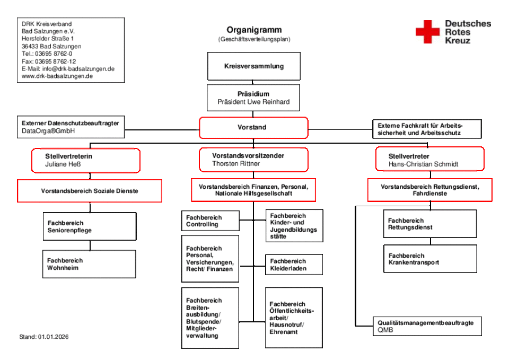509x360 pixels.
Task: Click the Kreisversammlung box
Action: [x=253, y=66]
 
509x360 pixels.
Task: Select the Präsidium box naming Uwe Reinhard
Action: [x=253, y=98]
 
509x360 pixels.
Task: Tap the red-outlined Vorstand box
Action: [x=253, y=127]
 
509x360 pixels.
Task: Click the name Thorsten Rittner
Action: [x=236, y=164]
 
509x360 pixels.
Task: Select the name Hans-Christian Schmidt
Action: [x=423, y=164]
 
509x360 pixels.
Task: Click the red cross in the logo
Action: [x=427, y=32]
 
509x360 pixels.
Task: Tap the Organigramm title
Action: [x=254, y=30]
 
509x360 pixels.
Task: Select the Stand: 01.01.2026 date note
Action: [x=44, y=337]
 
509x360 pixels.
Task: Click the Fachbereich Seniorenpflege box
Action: [x=90, y=226]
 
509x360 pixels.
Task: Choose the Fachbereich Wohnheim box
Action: [x=89, y=264]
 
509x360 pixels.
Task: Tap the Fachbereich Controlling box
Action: [x=210, y=221]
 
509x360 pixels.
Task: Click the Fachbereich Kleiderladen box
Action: [x=294, y=265]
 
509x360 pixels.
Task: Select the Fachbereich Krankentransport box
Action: [x=430, y=259]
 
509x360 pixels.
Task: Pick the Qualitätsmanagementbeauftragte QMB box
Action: [x=427, y=326]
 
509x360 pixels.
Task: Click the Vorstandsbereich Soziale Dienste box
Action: [x=90, y=190]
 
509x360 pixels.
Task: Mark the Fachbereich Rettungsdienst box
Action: [x=430, y=224]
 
